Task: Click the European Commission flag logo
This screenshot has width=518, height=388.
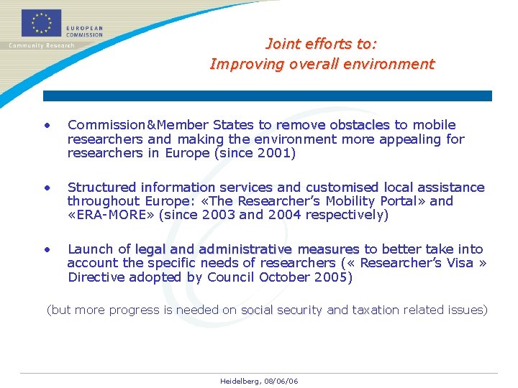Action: (x=40, y=23)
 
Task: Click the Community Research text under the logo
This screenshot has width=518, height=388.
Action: (x=41, y=45)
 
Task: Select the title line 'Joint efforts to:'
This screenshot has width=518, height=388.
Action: (x=321, y=44)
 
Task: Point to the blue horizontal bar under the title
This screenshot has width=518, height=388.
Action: (x=267, y=96)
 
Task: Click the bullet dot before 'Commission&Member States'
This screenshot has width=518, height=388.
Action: (x=47, y=126)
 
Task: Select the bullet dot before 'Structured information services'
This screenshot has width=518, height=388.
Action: (x=47, y=188)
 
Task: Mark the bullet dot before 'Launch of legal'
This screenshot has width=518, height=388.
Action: (x=47, y=250)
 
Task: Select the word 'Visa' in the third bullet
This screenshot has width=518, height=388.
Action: (x=460, y=263)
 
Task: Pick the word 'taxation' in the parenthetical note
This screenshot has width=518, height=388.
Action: (x=374, y=310)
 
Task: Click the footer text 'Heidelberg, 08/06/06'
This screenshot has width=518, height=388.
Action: (x=259, y=381)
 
